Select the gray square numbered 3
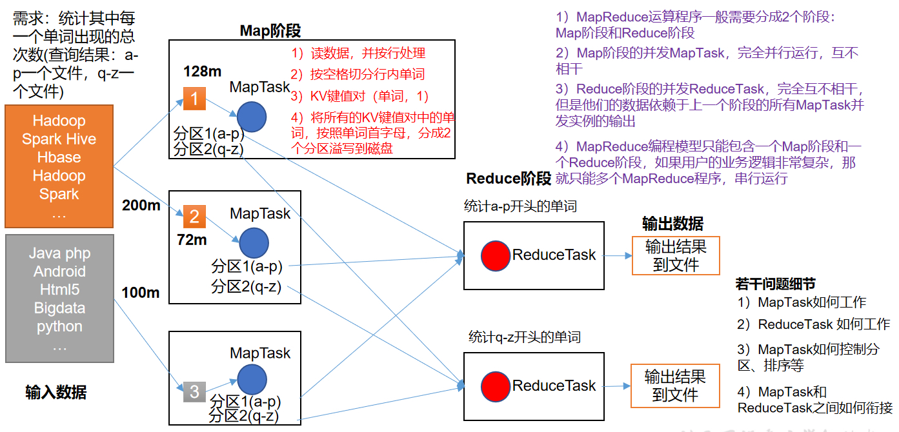tap(194, 391)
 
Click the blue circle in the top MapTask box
tap(251, 117)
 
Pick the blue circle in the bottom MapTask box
tap(251, 380)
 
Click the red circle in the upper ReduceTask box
tap(496, 255)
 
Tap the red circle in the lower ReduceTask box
tap(496, 386)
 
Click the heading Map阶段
tap(270, 30)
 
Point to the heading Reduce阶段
tap(509, 179)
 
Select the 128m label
tap(203, 70)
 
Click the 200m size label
tap(140, 205)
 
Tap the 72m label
tap(192, 240)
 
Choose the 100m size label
tap(140, 293)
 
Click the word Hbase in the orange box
tap(59, 157)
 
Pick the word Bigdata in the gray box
tap(59, 308)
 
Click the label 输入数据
tap(56, 392)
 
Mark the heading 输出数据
tap(672, 224)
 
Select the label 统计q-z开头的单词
tap(524, 337)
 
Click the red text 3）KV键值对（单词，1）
tap(359, 97)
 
